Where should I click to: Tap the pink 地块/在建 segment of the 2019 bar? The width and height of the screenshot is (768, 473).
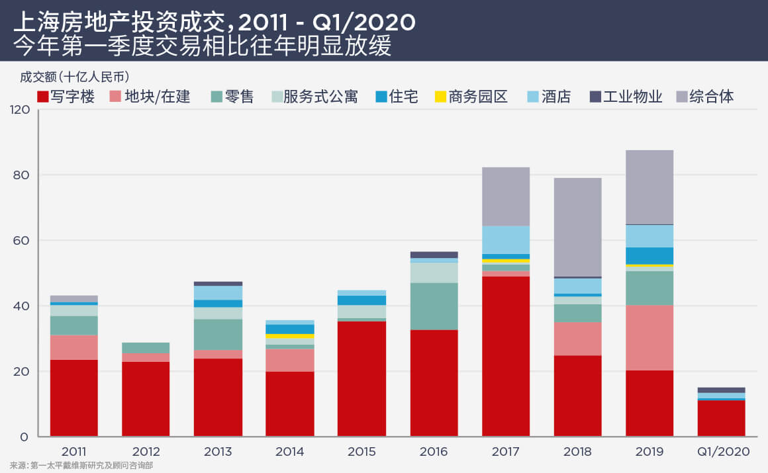[649, 337]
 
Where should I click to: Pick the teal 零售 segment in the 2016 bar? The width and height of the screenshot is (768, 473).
[434, 306]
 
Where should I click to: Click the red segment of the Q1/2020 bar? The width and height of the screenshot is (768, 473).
[721, 418]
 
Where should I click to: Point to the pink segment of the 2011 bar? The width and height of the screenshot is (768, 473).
[74, 347]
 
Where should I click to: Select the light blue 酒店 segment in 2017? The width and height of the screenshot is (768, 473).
[506, 239]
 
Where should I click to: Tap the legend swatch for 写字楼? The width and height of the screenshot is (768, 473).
[43, 97]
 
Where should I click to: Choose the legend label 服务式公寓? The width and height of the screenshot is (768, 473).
[320, 97]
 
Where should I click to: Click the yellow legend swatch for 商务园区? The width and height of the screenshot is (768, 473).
[440, 97]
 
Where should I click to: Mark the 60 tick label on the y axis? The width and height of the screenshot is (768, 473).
[23, 241]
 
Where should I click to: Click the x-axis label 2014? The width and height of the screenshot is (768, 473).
[290, 452]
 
